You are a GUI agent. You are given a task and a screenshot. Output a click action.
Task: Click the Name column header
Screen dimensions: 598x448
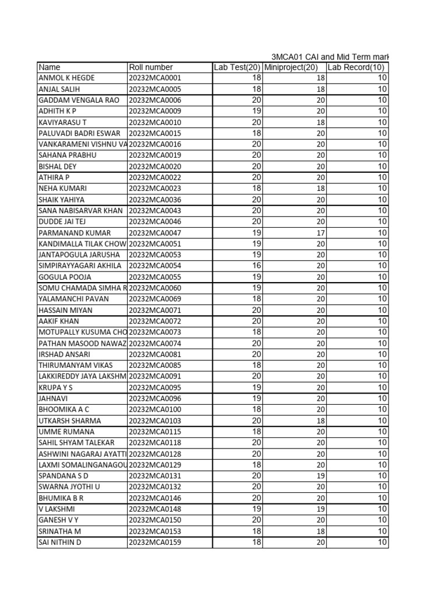point(50,67)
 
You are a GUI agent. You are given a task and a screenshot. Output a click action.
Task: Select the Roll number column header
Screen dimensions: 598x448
point(151,67)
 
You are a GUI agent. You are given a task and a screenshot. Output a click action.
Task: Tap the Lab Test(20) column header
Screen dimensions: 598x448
point(237,67)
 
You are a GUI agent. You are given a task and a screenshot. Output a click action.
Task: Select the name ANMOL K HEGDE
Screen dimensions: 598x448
point(66,78)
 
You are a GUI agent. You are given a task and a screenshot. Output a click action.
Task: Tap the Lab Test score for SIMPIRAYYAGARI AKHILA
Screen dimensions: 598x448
point(256,266)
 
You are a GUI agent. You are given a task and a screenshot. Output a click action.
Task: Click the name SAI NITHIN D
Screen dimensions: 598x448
point(60,543)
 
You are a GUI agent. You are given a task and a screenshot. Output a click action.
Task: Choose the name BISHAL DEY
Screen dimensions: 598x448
point(57,166)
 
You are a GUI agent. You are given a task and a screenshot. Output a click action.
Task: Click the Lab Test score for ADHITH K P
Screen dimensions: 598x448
point(256,111)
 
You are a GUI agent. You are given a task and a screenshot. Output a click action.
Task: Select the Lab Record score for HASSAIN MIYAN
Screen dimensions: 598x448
point(382,310)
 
